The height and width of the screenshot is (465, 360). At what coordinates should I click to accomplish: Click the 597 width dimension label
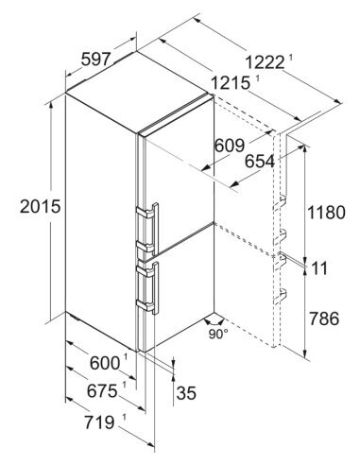pyautogui.click(x=95, y=60)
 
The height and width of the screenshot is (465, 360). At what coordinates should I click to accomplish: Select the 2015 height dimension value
pyautogui.click(x=40, y=206)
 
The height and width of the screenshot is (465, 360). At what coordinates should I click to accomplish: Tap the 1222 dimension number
pyautogui.click(x=265, y=62)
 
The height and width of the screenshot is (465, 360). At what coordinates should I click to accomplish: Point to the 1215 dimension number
pyautogui.click(x=231, y=83)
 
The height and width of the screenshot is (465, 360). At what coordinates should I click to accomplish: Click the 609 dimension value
pyautogui.click(x=230, y=146)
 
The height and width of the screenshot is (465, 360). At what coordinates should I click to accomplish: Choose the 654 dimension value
pyautogui.click(x=260, y=162)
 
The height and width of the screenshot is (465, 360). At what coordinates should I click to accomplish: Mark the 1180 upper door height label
pyautogui.click(x=326, y=213)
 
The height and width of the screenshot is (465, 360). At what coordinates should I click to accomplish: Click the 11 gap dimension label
pyautogui.click(x=319, y=268)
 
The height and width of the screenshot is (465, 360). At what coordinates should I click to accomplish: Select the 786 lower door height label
pyautogui.click(x=324, y=319)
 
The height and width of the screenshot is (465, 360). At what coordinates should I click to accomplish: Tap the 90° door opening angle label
pyautogui.click(x=218, y=335)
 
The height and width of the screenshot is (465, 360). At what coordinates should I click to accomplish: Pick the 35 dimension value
pyautogui.click(x=186, y=393)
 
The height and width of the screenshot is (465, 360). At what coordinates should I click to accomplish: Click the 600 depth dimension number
pyautogui.click(x=105, y=363)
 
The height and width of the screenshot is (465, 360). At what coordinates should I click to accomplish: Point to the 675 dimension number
pyautogui.click(x=102, y=391)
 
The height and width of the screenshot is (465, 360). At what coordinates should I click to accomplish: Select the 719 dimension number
pyautogui.click(x=99, y=422)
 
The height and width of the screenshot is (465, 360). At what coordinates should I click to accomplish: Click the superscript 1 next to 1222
pyautogui.click(x=290, y=58)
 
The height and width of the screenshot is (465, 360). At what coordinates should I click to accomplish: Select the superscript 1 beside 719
pyautogui.click(x=124, y=418)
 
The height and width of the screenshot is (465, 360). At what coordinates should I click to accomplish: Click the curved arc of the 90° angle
pyautogui.click(x=214, y=323)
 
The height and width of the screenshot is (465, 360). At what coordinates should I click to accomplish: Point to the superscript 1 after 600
pyautogui.click(x=126, y=357)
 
